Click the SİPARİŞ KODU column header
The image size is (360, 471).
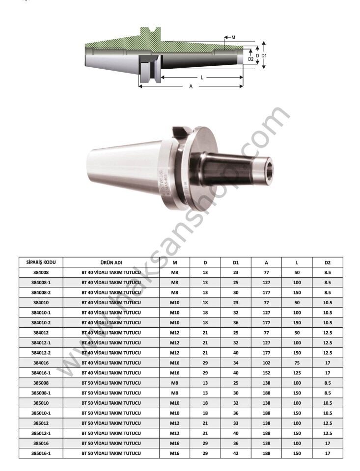coord(41,262)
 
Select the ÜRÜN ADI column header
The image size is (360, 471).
coord(111,262)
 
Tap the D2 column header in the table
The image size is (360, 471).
coord(327,262)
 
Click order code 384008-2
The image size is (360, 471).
coord(41,292)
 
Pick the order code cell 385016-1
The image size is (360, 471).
coord(41,453)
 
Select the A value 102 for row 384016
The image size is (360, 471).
coord(266,363)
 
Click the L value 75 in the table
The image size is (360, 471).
coord(297,363)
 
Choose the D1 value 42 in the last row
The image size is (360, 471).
coord(236,453)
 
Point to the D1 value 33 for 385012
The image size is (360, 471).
coord(236,423)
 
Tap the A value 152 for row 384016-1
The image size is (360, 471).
coord(266,373)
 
